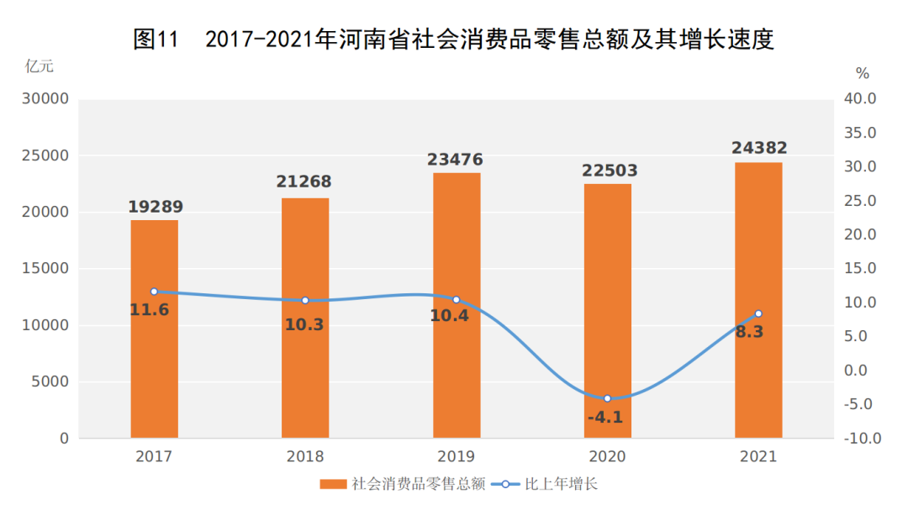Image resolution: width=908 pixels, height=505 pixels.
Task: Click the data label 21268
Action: [304, 181]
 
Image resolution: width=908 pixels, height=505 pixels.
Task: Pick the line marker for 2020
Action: [607, 398]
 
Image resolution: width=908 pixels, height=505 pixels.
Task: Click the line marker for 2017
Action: [154, 292]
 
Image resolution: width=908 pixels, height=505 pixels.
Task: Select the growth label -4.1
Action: [605, 417]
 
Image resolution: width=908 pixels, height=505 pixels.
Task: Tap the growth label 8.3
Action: [749, 331]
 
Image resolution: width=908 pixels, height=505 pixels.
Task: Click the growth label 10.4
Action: [449, 317]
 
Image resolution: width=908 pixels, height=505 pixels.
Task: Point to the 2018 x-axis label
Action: [304, 457]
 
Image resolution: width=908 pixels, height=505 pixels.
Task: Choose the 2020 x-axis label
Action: [607, 457]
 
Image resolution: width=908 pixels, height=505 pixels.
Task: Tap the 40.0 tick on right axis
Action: [861, 99]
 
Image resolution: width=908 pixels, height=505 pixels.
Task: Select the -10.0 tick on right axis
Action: [861, 439]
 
